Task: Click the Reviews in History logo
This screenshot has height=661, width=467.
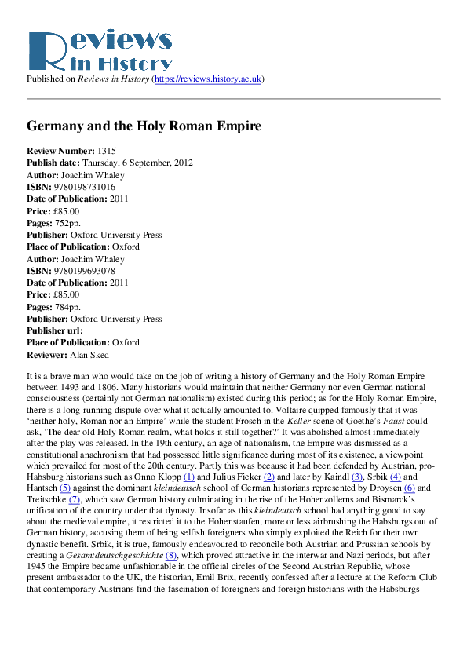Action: pos(99,51)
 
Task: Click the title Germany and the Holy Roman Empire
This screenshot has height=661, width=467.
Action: pos(144,126)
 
